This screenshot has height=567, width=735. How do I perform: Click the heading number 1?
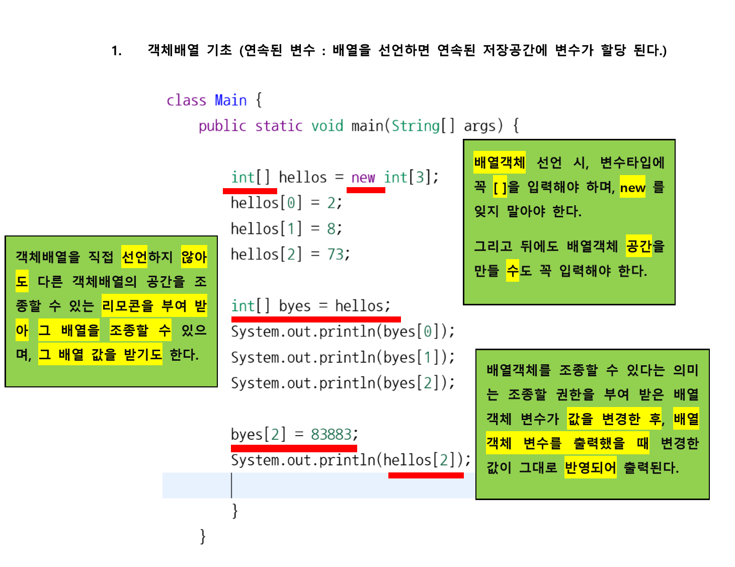click(x=116, y=51)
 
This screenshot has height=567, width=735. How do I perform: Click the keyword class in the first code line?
click(x=186, y=100)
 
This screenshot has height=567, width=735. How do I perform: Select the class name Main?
click(x=230, y=100)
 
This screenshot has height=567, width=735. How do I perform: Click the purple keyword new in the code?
click(x=363, y=178)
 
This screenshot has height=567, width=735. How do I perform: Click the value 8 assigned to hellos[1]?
click(x=332, y=229)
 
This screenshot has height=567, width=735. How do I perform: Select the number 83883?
click(x=331, y=434)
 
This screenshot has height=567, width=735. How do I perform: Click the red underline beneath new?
click(x=366, y=190)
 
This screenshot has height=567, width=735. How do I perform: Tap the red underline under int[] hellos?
click(x=250, y=191)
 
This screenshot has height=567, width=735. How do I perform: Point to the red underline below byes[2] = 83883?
click(x=294, y=448)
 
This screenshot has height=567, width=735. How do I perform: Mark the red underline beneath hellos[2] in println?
click(x=426, y=475)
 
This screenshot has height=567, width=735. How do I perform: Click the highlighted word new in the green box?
click(x=632, y=188)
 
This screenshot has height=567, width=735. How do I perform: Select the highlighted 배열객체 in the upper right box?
click(x=499, y=163)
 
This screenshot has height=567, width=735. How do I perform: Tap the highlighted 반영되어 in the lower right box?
click(x=590, y=468)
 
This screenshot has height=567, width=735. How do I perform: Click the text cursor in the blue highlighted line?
click(x=231, y=485)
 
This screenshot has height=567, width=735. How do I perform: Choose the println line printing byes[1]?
click(x=343, y=357)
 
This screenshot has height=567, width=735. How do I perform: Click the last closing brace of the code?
click(x=203, y=536)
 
